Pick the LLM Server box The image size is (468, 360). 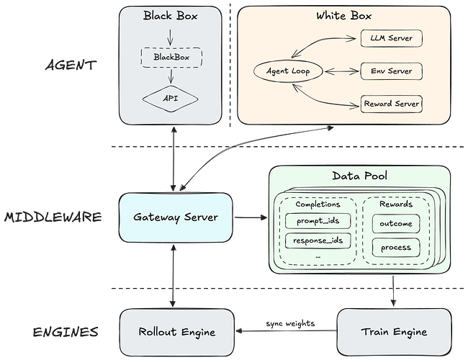(391, 37)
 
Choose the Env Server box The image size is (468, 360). (391, 71)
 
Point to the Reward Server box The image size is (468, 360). (391, 104)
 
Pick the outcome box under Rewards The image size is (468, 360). (395, 223)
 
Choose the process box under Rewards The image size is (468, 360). (395, 248)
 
